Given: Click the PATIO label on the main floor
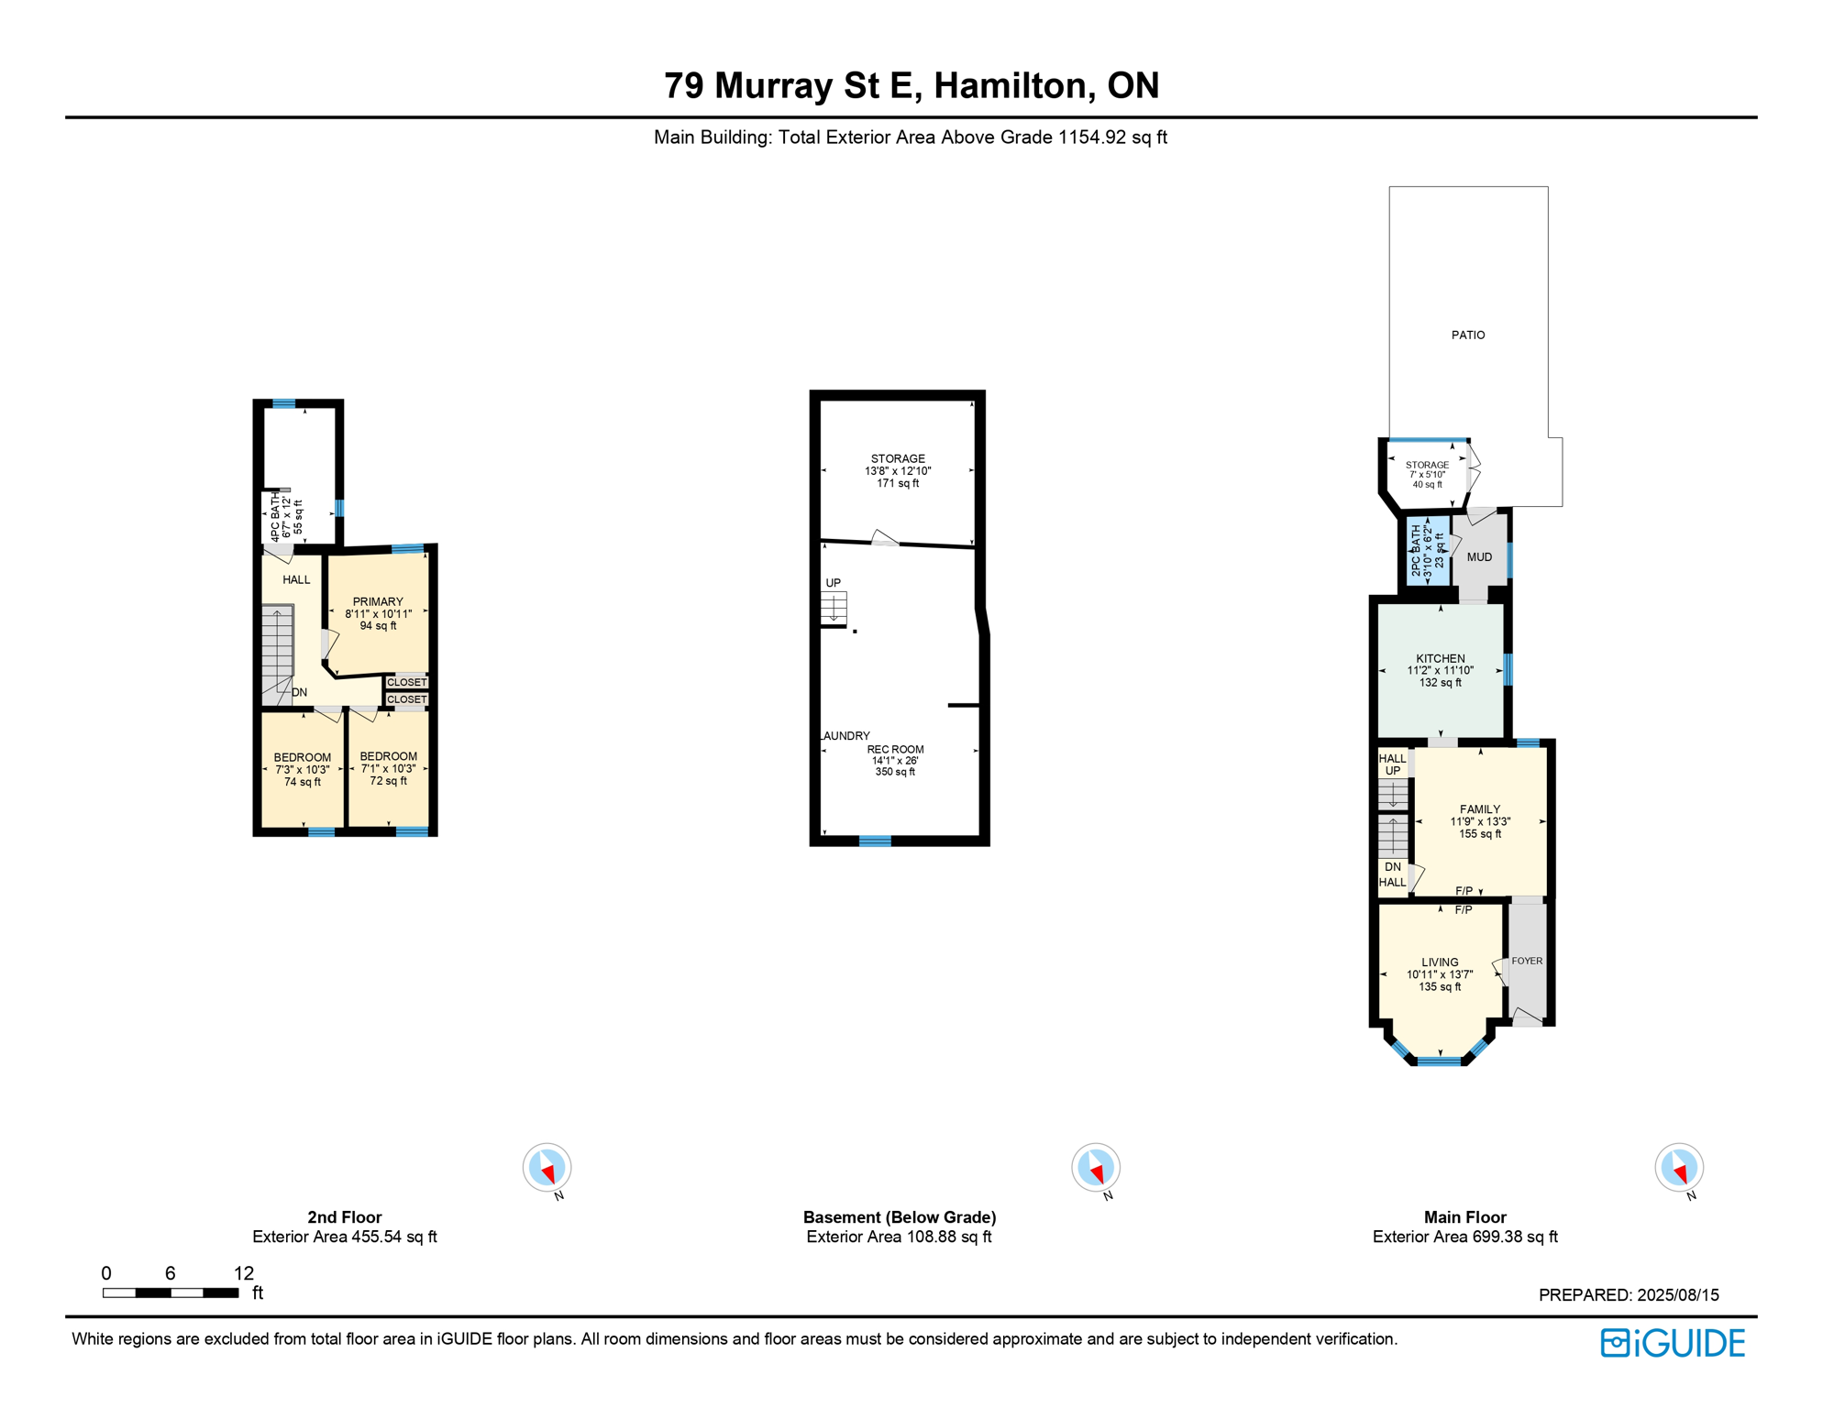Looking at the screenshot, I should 1467,335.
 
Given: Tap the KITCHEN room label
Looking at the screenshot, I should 1440,659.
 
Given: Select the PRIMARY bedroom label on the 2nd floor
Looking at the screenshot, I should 378,602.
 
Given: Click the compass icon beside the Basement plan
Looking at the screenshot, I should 1096,1168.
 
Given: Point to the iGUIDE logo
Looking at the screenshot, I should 1673,1343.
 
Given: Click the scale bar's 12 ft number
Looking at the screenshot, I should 244,1273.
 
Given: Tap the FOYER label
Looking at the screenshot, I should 1527,962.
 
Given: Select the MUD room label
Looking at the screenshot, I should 1479,557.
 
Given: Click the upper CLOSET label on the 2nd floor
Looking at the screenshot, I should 406,682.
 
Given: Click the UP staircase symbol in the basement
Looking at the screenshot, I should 834,607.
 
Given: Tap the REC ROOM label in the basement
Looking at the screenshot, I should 895,750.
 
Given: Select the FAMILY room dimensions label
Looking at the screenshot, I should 1479,822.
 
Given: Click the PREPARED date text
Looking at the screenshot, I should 1629,1295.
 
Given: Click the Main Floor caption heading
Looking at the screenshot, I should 1464,1217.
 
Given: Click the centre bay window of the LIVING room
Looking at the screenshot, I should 1439,1061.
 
